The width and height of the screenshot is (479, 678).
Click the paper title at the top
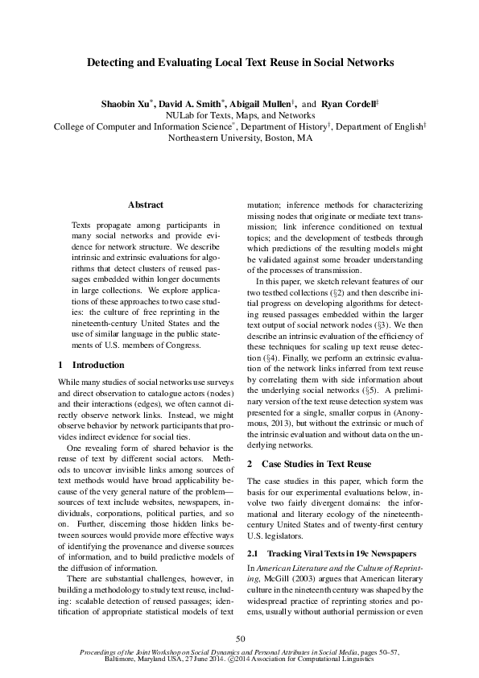[239, 61]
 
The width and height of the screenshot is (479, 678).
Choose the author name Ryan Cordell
[349, 105]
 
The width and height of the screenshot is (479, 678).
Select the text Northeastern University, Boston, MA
[239, 138]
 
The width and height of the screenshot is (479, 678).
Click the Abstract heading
[146, 205]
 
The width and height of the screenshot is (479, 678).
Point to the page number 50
[239, 639]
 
